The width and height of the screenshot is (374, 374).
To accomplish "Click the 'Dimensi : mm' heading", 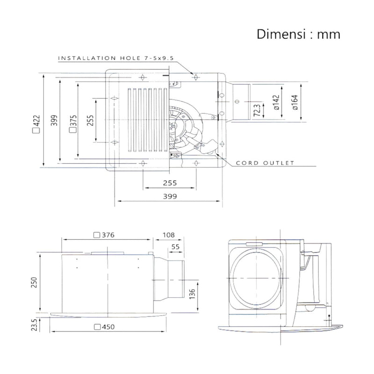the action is coord(298,34).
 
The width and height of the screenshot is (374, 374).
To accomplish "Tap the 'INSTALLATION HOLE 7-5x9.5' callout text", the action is coord(116,58).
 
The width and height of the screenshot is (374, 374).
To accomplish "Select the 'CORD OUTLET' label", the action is coord(265,163).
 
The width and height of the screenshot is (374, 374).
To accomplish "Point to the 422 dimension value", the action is coord(37,121).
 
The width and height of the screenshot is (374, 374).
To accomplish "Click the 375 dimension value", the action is coord(73,121).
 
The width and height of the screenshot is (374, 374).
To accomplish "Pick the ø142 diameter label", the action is coord(276,102).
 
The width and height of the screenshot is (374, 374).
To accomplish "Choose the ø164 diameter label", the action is coord(295,102).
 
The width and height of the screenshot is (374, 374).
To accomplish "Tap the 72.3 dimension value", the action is coord(257,110).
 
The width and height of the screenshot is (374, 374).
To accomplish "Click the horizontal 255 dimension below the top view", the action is coord(170,183).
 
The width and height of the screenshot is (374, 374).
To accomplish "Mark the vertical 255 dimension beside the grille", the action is coord(90,121).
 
